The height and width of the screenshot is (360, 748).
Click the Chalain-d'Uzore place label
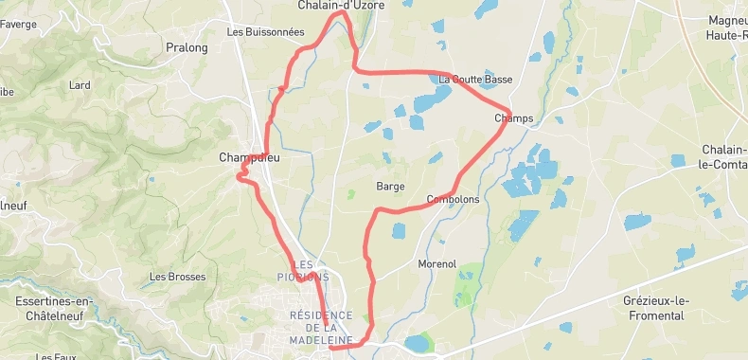click(341, 6)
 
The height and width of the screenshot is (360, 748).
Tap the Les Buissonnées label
click(265, 31)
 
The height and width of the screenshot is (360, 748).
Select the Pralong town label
click(187, 47)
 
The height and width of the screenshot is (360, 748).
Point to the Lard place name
click(80, 85)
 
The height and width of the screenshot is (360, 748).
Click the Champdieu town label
click(249, 157)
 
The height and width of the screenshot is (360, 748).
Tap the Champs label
click(514, 118)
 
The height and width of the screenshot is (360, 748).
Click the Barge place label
click(390, 186)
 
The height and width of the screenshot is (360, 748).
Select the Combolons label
click(454, 200)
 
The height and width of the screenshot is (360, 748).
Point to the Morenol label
click(436, 263)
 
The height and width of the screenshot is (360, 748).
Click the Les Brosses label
click(178, 277)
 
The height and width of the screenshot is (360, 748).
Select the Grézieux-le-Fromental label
click(653, 307)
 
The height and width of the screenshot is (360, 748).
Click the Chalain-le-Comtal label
click(724, 156)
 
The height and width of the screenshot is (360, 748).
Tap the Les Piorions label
click(310, 270)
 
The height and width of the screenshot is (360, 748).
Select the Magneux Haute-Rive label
click(727, 27)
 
